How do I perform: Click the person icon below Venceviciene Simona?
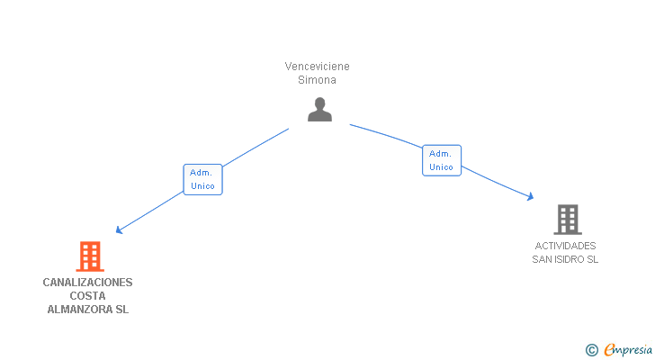point(319,110)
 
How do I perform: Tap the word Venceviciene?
point(317,67)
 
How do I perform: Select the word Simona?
point(317,79)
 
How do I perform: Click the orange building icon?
point(89,256)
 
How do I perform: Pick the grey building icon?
point(567,219)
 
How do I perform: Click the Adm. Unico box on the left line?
point(202,179)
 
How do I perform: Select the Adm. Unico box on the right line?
point(441,160)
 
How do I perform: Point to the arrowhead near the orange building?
point(119,230)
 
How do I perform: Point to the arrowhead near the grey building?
point(531,196)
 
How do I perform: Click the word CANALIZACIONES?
point(87,283)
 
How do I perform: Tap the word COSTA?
point(87,296)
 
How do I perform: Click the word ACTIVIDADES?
point(565,246)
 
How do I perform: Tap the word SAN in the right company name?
point(542,259)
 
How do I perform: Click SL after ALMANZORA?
point(121,310)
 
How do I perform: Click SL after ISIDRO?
point(592,259)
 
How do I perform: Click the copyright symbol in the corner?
point(591,350)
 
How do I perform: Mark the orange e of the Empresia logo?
point(609,350)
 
